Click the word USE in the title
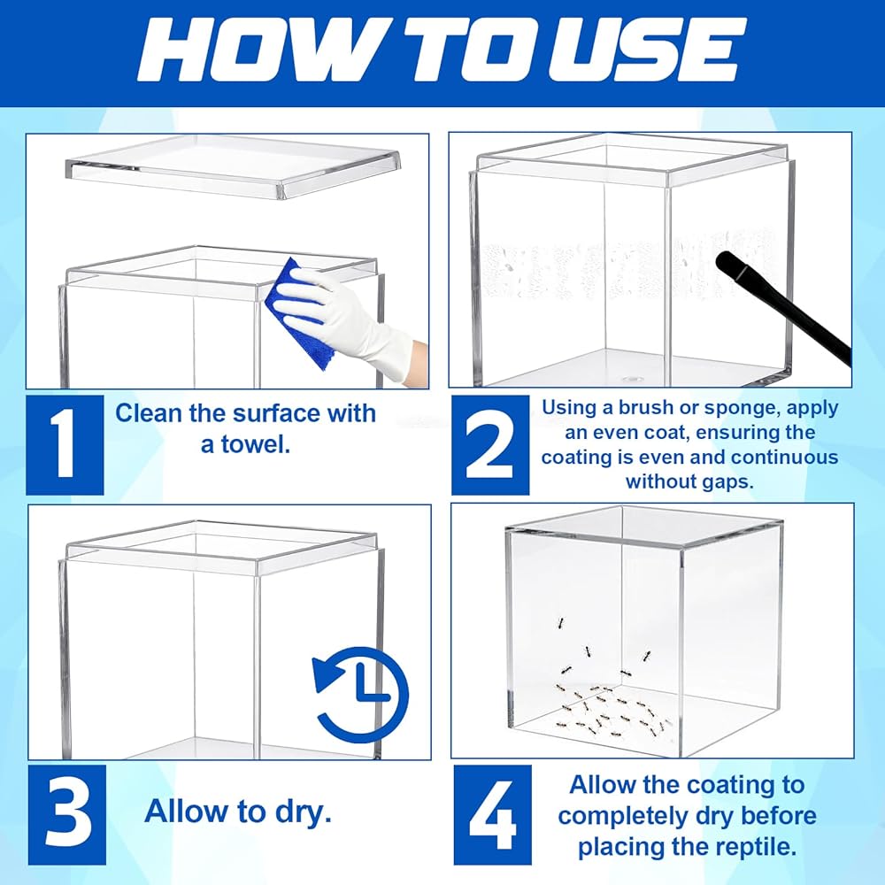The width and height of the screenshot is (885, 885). click(643, 50)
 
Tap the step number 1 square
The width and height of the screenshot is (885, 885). click(65, 445)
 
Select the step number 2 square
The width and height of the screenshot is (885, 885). click(490, 445)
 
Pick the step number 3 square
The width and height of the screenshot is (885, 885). click(67, 814)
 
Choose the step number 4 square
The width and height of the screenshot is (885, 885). click(493, 814)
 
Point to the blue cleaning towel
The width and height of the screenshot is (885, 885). click(298, 313)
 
